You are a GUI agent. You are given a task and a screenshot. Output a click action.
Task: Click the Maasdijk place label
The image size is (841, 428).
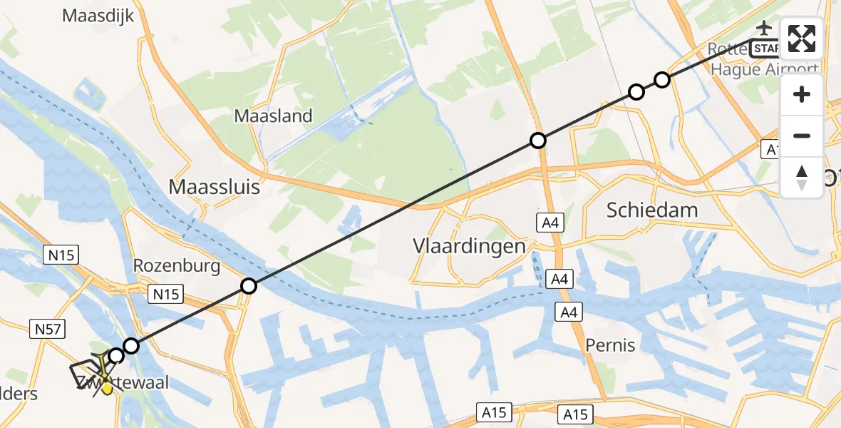[100, 15]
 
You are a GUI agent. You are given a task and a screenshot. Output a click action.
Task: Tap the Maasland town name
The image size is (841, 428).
[274, 116]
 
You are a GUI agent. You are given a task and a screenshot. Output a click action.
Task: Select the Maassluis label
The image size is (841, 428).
[214, 188]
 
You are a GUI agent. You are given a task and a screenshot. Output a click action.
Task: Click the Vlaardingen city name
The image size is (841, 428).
[469, 246]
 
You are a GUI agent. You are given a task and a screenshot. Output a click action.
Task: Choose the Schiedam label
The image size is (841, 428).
[651, 210]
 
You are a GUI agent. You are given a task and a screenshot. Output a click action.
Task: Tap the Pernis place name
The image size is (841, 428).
[610, 345]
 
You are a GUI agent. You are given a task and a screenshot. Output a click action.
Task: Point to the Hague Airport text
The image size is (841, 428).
[765, 69]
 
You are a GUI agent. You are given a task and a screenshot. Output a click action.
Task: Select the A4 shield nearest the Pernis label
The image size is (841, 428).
[568, 312]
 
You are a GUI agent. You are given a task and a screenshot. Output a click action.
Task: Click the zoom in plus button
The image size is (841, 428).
[802, 94]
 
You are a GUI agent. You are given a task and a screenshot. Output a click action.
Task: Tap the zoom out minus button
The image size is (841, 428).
[802, 136]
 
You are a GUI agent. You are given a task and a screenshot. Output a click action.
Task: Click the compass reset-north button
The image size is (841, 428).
[802, 177]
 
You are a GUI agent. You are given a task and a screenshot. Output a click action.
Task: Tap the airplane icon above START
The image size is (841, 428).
[764, 29]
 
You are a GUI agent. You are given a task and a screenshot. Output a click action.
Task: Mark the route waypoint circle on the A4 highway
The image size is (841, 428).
[538, 141]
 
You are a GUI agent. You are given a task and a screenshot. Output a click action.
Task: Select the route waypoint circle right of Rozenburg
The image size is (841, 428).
[248, 286]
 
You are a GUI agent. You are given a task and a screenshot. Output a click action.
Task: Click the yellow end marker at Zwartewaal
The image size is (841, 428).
[107, 389]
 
